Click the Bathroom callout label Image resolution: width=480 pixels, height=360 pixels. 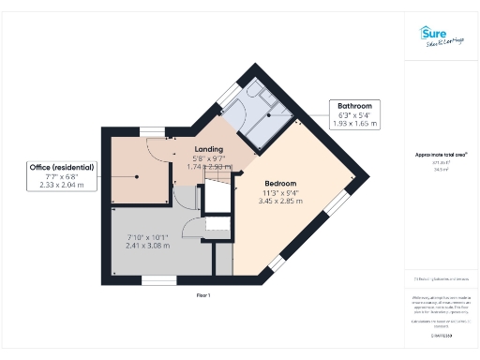pos(354,106)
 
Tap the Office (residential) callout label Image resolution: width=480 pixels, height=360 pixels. pos(62,168)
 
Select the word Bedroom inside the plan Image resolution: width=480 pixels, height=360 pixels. pos(280,183)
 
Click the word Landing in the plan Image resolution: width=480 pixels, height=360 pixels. pos(207,149)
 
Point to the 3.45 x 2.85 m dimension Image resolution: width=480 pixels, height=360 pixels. pos(280,202)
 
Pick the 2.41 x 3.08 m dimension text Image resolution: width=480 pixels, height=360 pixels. pos(146,246)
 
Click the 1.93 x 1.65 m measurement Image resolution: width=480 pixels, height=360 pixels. pos(354,123)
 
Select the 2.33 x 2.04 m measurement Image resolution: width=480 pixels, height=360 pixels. pos(62,185)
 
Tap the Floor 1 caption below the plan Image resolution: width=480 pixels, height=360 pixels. pos(202,295)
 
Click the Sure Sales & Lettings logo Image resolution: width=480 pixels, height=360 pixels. pos(440,37)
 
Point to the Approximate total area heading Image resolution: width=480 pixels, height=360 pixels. pos(441,154)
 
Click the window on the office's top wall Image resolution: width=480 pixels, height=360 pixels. pos(151,130)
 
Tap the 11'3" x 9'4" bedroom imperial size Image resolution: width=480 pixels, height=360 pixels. pos(280,193)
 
